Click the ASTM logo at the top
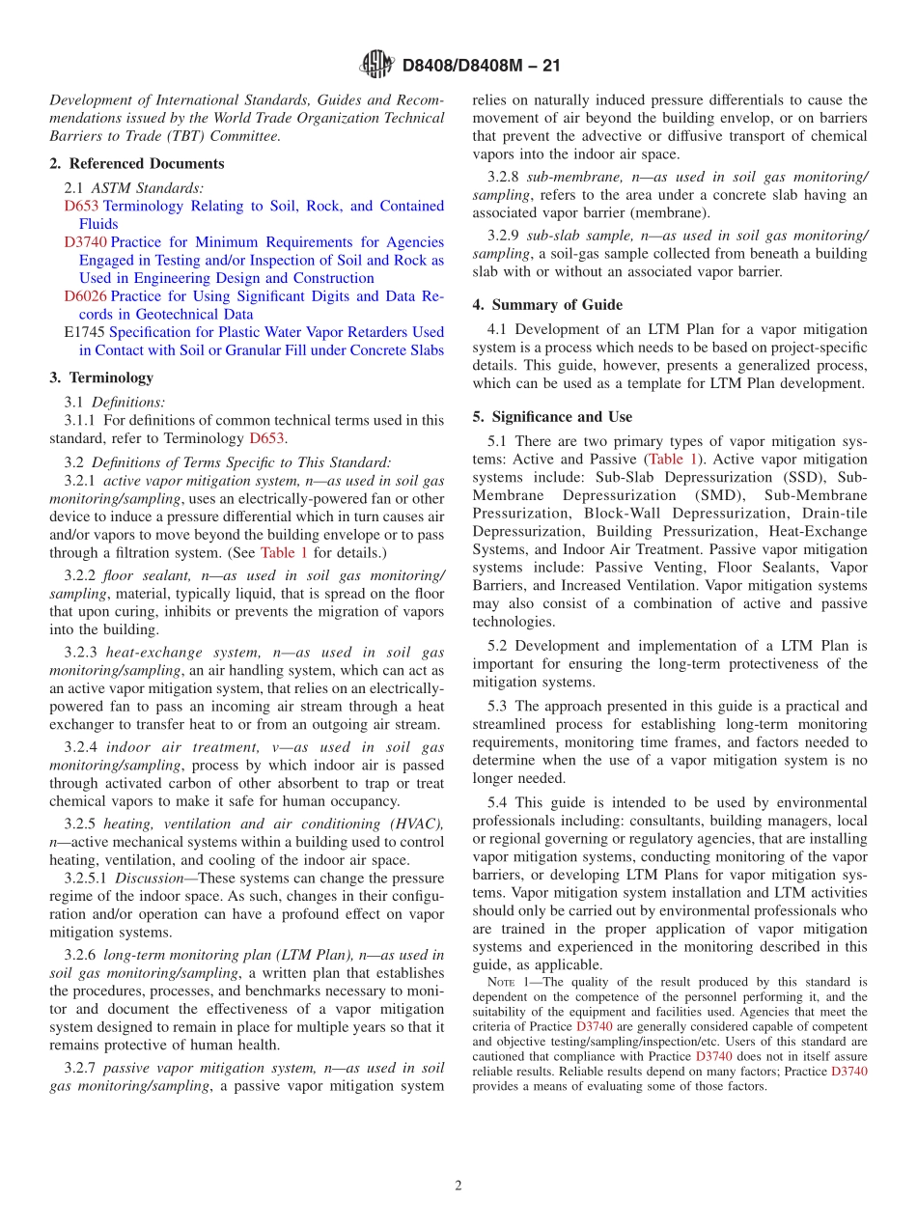coord(375,65)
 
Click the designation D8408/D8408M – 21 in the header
coord(480,66)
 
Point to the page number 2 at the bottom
coord(458,1186)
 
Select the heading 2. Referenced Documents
coord(137,164)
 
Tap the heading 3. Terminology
coord(101,377)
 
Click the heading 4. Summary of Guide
coord(547,305)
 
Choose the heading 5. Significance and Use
coord(552,417)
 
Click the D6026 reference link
coord(85,296)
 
